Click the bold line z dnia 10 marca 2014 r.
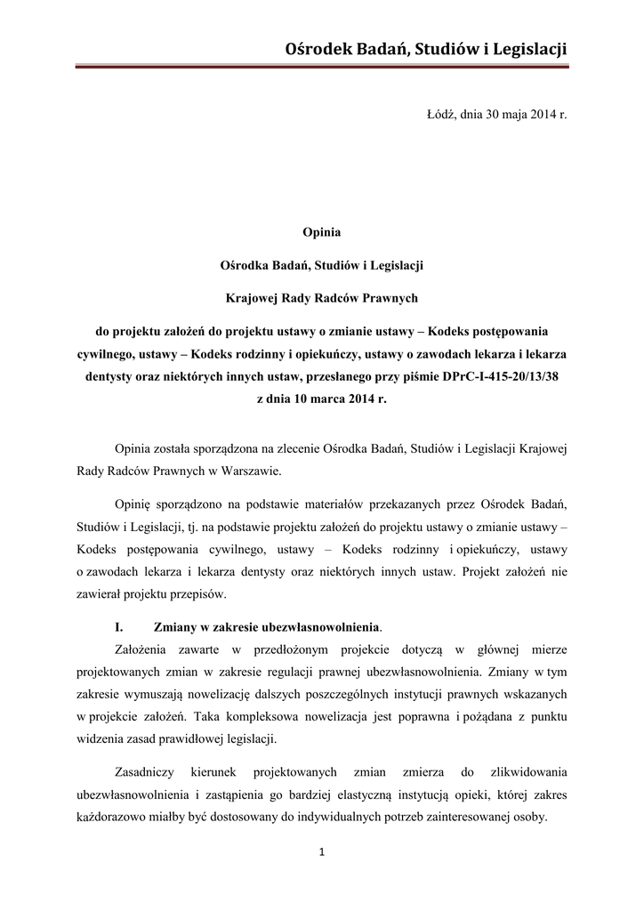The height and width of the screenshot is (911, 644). [321, 399]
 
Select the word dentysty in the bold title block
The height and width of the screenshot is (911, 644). [108, 375]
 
